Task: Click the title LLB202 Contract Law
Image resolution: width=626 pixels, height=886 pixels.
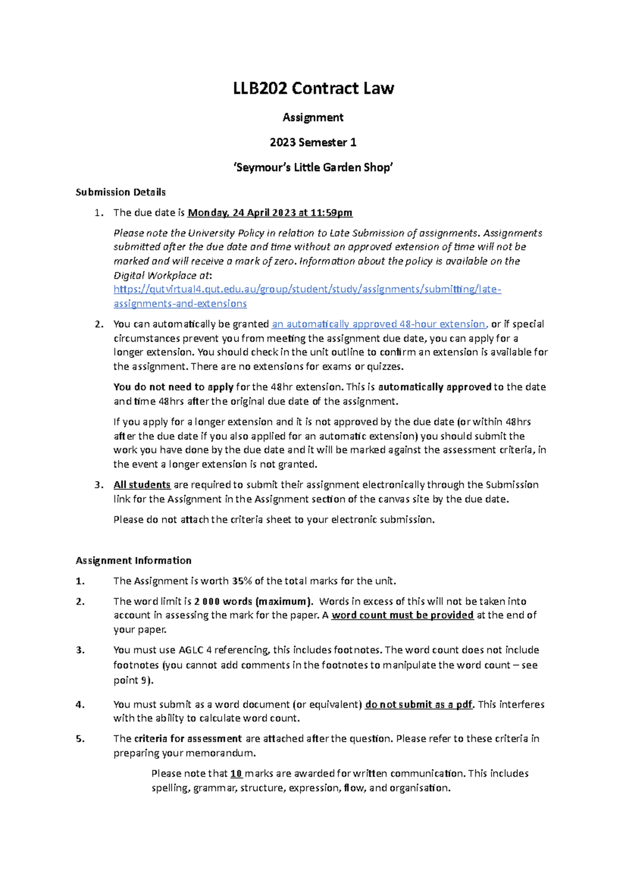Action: (x=313, y=88)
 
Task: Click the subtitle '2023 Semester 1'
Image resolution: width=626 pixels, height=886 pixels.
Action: (x=313, y=142)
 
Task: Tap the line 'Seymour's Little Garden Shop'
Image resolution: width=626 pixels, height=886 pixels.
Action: (x=313, y=167)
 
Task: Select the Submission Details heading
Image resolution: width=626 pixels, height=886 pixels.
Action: (x=121, y=192)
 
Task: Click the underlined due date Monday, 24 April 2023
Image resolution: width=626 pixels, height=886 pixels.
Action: (x=270, y=213)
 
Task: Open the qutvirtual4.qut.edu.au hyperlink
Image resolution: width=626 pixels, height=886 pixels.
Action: (x=307, y=290)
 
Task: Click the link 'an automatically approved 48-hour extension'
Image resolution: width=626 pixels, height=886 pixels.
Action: (x=379, y=325)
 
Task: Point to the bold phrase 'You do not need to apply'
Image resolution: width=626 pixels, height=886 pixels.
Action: (x=173, y=387)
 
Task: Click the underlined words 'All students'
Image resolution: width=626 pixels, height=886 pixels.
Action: (x=142, y=485)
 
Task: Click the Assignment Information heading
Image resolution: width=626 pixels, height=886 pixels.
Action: (x=134, y=560)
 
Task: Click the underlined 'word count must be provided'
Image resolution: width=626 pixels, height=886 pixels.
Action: (x=402, y=616)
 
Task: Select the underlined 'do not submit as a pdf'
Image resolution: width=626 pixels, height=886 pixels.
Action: (x=419, y=705)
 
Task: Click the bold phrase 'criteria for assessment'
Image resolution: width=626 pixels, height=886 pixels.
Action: (x=188, y=739)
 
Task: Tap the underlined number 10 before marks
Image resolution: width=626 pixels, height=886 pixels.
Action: (x=236, y=774)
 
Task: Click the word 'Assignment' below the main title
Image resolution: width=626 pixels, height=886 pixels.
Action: (x=313, y=118)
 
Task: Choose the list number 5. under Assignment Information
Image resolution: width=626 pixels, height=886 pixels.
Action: (x=80, y=739)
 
